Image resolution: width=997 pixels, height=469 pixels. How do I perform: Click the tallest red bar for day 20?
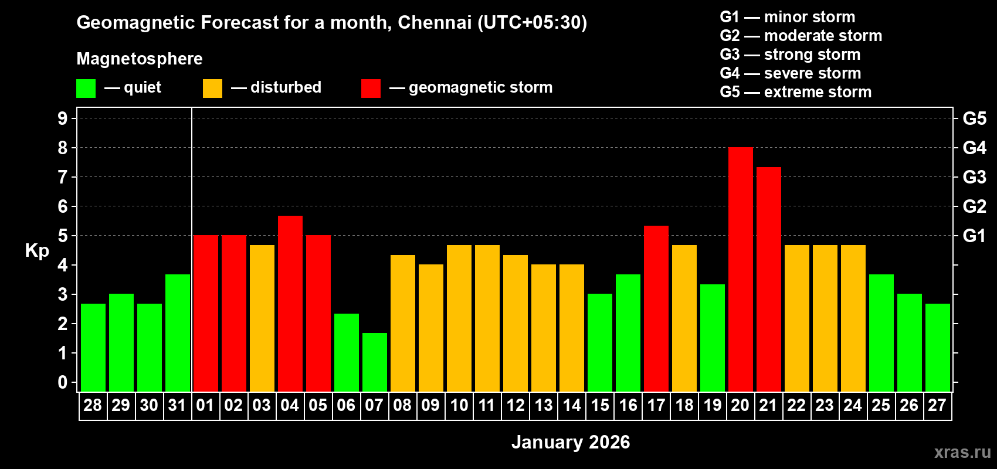pyautogui.click(x=740, y=270)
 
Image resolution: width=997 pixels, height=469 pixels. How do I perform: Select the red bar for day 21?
pyautogui.click(x=768, y=280)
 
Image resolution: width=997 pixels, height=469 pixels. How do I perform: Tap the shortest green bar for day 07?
pyautogui.click(x=374, y=362)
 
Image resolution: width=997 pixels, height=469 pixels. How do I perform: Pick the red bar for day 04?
pyautogui.click(x=290, y=304)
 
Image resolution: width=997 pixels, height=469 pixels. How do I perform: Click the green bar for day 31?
pyautogui.click(x=177, y=333)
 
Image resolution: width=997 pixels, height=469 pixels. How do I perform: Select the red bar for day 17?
pyautogui.click(x=656, y=309)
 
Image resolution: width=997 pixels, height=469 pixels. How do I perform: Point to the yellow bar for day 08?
pyautogui.click(x=402, y=324)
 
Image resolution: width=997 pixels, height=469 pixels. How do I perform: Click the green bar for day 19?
pyautogui.click(x=712, y=338)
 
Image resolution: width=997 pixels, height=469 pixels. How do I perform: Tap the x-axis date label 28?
pyautogui.click(x=93, y=406)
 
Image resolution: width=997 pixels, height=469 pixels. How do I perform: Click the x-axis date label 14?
pyautogui.click(x=571, y=406)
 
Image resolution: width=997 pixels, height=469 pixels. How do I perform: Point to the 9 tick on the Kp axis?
pyautogui.click(x=63, y=118)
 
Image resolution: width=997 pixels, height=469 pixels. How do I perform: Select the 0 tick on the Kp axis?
pyautogui.click(x=63, y=382)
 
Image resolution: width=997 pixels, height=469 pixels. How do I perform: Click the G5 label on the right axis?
pyautogui.click(x=974, y=118)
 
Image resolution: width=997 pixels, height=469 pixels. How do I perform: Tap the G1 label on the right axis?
pyautogui.click(x=974, y=236)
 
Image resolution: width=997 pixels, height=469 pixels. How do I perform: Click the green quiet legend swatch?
pyautogui.click(x=86, y=89)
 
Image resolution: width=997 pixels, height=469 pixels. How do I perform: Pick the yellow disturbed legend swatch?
pyautogui.click(x=212, y=89)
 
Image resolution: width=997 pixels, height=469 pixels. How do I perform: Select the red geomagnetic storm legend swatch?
pyautogui.click(x=371, y=89)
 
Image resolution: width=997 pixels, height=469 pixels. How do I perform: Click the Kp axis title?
pyautogui.click(x=37, y=251)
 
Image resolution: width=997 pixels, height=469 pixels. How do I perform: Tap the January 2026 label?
pyautogui.click(x=571, y=442)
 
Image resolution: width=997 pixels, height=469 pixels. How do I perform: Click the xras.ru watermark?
pyautogui.click(x=962, y=452)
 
